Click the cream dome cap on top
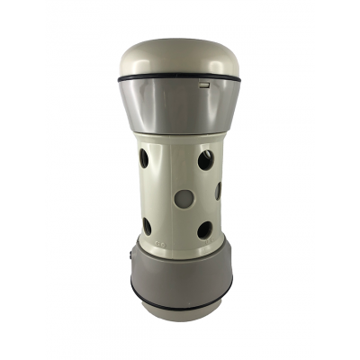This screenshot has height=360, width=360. (x=180, y=56)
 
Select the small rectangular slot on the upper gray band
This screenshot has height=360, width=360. (x=205, y=86)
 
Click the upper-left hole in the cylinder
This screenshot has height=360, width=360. (x=144, y=159)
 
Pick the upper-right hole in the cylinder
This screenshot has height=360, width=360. (x=206, y=160)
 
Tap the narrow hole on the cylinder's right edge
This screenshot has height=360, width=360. (x=218, y=191)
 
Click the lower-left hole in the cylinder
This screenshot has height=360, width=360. (x=147, y=226)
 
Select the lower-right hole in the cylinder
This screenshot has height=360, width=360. (x=205, y=229)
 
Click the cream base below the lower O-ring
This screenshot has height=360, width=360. (x=180, y=310)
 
